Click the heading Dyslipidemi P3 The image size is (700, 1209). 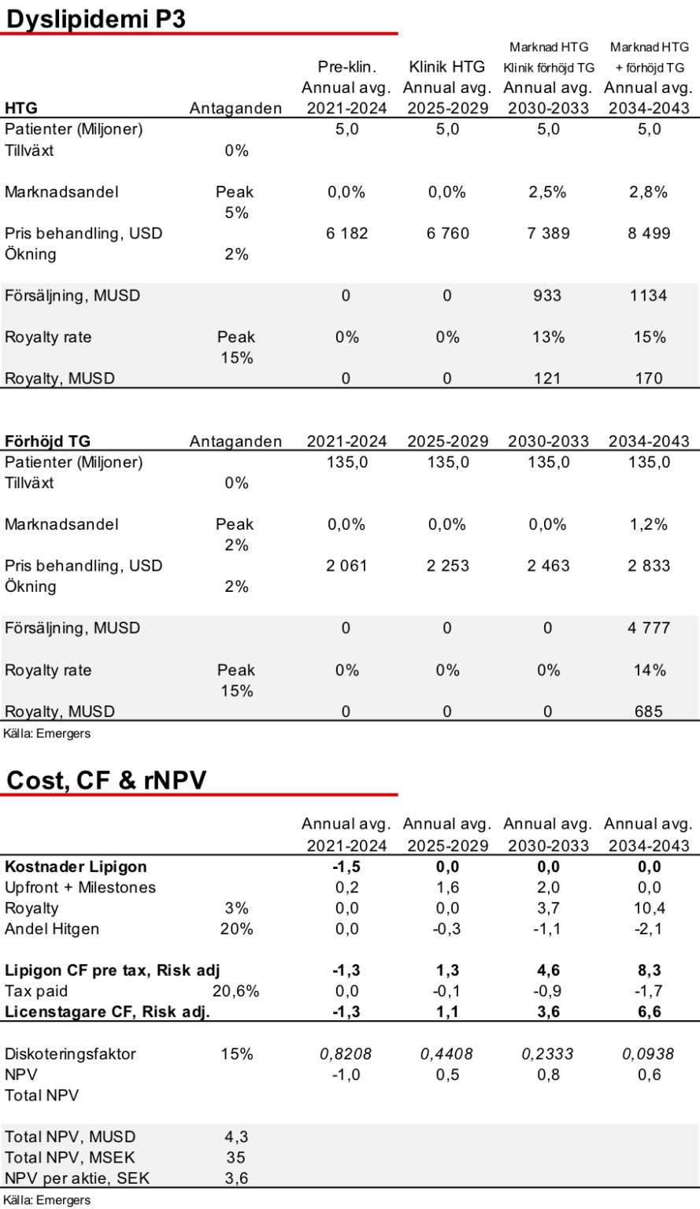point(96,19)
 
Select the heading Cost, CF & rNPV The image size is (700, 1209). point(106,780)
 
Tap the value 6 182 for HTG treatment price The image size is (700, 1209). point(346,233)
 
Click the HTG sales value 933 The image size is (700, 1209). point(548,296)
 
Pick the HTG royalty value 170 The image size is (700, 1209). point(649,379)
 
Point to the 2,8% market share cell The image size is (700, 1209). point(648,192)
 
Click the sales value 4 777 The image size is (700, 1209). point(649,627)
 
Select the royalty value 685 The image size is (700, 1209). point(649,712)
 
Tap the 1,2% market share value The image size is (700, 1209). point(648,525)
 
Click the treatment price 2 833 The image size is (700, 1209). point(649,566)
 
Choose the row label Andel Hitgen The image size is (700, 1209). point(52,929)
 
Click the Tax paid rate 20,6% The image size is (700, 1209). point(236,991)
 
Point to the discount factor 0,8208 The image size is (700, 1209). point(346,1054)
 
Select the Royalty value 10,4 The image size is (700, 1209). point(650,908)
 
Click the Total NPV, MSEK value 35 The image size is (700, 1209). point(236,1157)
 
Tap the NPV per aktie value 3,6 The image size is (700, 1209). point(236,1178)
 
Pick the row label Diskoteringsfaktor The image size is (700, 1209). point(70,1054)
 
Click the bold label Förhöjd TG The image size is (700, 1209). point(47,441)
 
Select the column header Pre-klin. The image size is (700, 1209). point(346,67)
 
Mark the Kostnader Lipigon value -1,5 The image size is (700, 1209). point(346,867)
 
